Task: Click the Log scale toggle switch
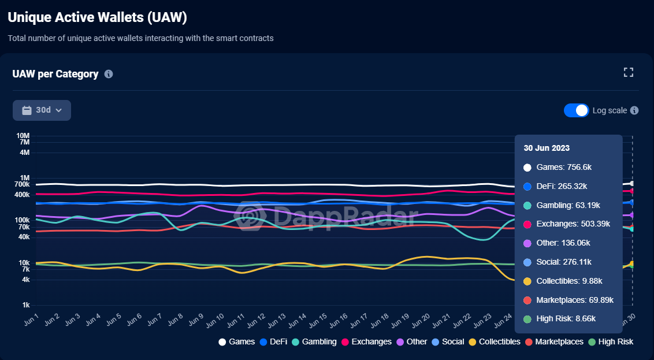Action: point(576,110)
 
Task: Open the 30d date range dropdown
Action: point(42,110)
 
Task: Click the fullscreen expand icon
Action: point(629,72)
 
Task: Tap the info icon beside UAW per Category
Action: point(109,74)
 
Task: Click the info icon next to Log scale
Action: point(634,110)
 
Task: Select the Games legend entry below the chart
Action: point(236,342)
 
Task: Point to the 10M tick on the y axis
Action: point(23,136)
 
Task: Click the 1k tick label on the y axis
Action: point(25,305)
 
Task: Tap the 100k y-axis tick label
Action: point(22,220)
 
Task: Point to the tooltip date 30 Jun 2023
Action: point(547,148)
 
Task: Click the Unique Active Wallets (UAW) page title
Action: point(97,17)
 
